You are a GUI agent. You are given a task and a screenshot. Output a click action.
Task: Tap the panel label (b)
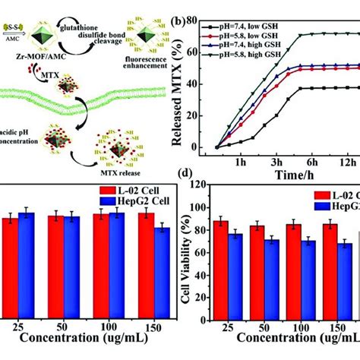[x=199, y=10]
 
